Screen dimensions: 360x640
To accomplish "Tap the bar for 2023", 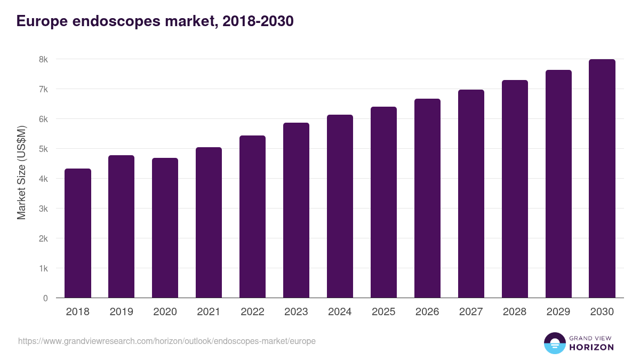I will [296, 211].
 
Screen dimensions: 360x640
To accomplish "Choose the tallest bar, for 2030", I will [602, 179].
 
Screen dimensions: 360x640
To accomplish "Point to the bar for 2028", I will [515, 189].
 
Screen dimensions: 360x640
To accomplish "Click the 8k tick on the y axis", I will [43, 59].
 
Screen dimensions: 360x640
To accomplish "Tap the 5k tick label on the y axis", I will [43, 149].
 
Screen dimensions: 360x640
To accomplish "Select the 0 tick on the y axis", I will [45, 298].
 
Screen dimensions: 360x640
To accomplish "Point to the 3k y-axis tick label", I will [43, 209].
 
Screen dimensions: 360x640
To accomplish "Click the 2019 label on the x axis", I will [122, 312].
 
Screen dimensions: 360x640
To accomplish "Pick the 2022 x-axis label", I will [252, 312].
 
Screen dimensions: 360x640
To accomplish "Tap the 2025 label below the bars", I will [383, 312].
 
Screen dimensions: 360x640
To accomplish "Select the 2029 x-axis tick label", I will [558, 312].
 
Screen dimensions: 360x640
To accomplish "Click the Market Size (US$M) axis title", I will [21, 173].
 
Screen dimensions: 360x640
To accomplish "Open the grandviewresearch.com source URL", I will [167, 341].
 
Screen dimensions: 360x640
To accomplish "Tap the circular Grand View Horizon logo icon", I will [555, 343].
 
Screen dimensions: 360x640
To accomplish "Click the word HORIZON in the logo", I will [591, 347].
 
